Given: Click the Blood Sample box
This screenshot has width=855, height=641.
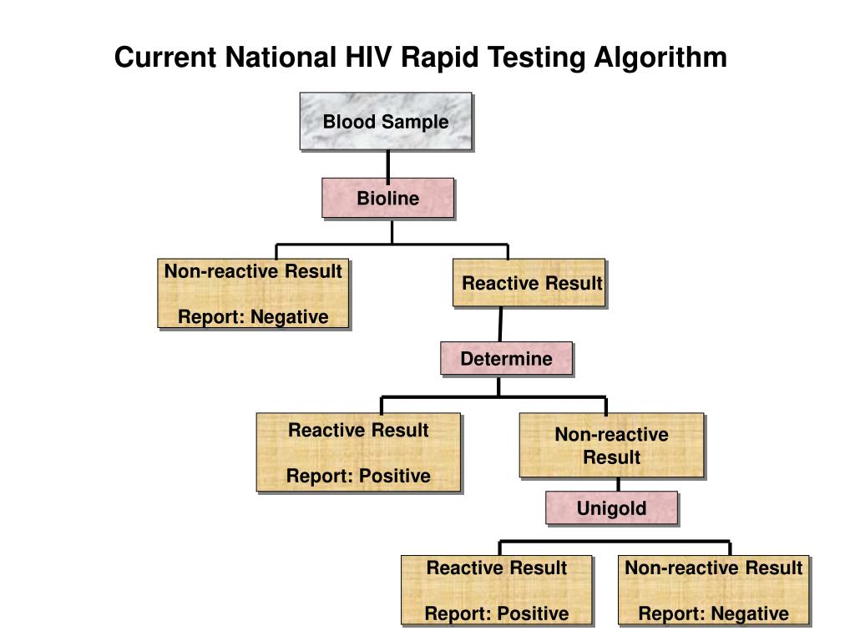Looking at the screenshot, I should pos(386,122).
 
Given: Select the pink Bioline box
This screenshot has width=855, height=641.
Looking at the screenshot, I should pos(388,199).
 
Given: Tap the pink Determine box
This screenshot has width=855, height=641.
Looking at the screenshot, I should pos(507,359).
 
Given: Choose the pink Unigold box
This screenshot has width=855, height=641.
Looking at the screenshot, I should pos(611,508).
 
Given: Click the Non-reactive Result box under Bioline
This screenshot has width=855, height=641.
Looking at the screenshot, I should pos(253,294).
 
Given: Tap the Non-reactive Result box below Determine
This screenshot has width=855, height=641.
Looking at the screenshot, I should pos(611,446).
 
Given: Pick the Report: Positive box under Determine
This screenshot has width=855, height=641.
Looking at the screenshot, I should pos(358,452).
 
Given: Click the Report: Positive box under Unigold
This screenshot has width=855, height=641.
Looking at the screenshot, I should pos(497,590).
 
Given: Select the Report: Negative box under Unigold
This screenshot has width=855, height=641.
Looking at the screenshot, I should pos(714,590).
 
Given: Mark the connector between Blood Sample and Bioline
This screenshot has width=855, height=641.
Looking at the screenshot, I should pos(388,164).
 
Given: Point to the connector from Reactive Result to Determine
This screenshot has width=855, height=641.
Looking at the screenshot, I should pos(501,325).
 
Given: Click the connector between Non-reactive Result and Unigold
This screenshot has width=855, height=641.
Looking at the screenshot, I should pos(618,485).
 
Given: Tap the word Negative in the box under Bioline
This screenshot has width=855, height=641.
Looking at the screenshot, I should pos(290,317).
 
